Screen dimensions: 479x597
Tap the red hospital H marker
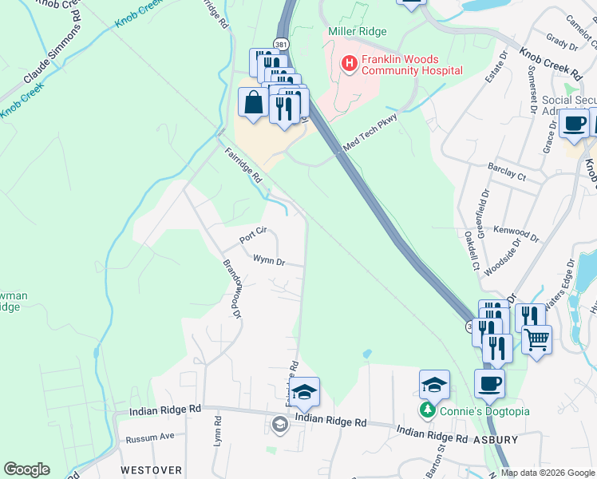[x=348, y=63]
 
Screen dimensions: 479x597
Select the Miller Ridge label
[x=358, y=31]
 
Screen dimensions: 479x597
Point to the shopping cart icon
[x=536, y=339]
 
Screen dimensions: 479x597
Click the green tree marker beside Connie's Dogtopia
[x=428, y=411]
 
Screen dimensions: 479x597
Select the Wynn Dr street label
[x=269, y=259]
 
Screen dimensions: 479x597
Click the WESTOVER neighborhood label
[x=152, y=470]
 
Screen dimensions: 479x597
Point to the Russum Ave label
[x=150, y=438]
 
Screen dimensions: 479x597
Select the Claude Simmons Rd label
[x=53, y=53]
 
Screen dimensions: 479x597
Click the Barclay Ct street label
[x=506, y=171]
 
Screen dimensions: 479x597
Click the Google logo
[x=26, y=469]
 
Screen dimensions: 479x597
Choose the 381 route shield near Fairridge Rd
[x=281, y=44]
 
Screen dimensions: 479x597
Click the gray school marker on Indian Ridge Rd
[x=279, y=423]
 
